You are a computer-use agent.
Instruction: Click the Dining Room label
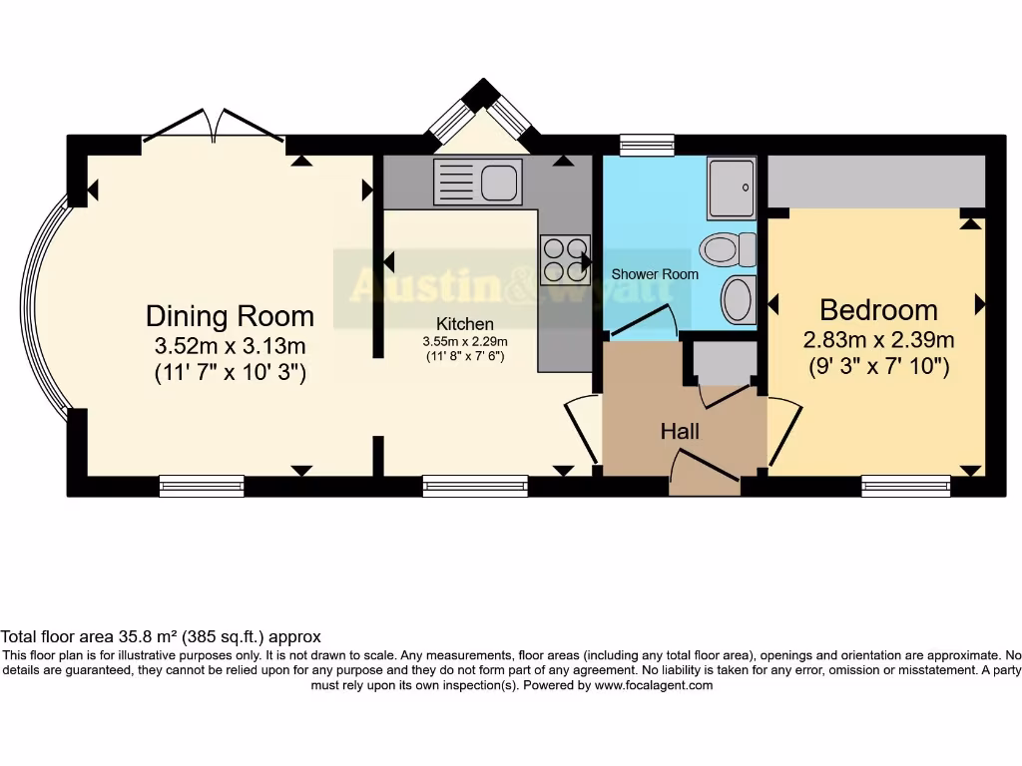pyautogui.click(x=230, y=316)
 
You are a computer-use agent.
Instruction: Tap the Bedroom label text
pyautogui.click(x=878, y=310)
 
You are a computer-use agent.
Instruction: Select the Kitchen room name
pyautogui.click(x=465, y=324)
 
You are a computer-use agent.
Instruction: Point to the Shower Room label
pyautogui.click(x=655, y=274)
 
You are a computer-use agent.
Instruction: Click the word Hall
pyautogui.click(x=680, y=431)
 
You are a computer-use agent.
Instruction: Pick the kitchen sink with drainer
pyautogui.click(x=478, y=182)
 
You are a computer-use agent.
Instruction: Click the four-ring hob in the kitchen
pyautogui.click(x=565, y=260)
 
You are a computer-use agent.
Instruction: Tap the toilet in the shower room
pyautogui.click(x=728, y=249)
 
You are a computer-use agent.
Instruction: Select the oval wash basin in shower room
pyautogui.click(x=739, y=299)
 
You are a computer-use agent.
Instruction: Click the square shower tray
pyautogui.click(x=732, y=188)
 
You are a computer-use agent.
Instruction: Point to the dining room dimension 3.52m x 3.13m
pyautogui.click(x=231, y=345)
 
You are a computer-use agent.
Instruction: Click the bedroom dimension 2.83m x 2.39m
pyautogui.click(x=878, y=339)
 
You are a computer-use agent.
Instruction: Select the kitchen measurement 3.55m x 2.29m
pyautogui.click(x=465, y=341)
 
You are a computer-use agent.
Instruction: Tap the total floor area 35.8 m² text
pyautogui.click(x=161, y=636)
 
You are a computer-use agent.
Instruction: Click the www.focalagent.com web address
pyautogui.click(x=653, y=685)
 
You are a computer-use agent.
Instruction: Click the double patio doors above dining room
pyautogui.click(x=214, y=126)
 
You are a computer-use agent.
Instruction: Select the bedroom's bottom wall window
pyautogui.click(x=906, y=486)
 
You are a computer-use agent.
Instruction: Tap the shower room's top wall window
pyautogui.click(x=647, y=146)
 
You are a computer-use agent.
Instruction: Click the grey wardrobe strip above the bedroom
pyautogui.click(x=876, y=182)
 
